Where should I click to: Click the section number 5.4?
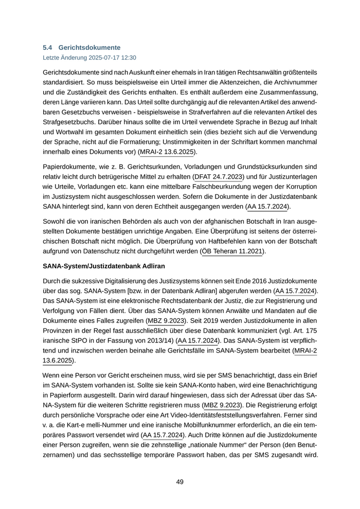[49, 47]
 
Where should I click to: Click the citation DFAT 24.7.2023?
[218, 177]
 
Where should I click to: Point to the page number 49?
[180, 482]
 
